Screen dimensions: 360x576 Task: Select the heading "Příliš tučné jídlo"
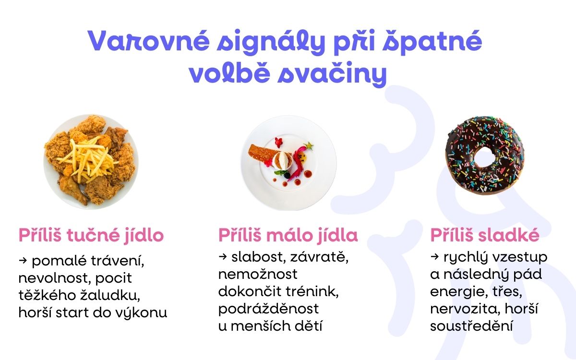click(x=91, y=236)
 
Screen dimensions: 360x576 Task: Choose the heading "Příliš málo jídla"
click(x=288, y=236)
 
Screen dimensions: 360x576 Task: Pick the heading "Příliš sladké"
click(x=485, y=236)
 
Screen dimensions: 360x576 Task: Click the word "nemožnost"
click(x=258, y=274)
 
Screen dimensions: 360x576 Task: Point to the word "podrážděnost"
click(x=269, y=309)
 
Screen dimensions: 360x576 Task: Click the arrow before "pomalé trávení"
click(x=23, y=261)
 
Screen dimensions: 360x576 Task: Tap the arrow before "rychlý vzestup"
click(x=434, y=257)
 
